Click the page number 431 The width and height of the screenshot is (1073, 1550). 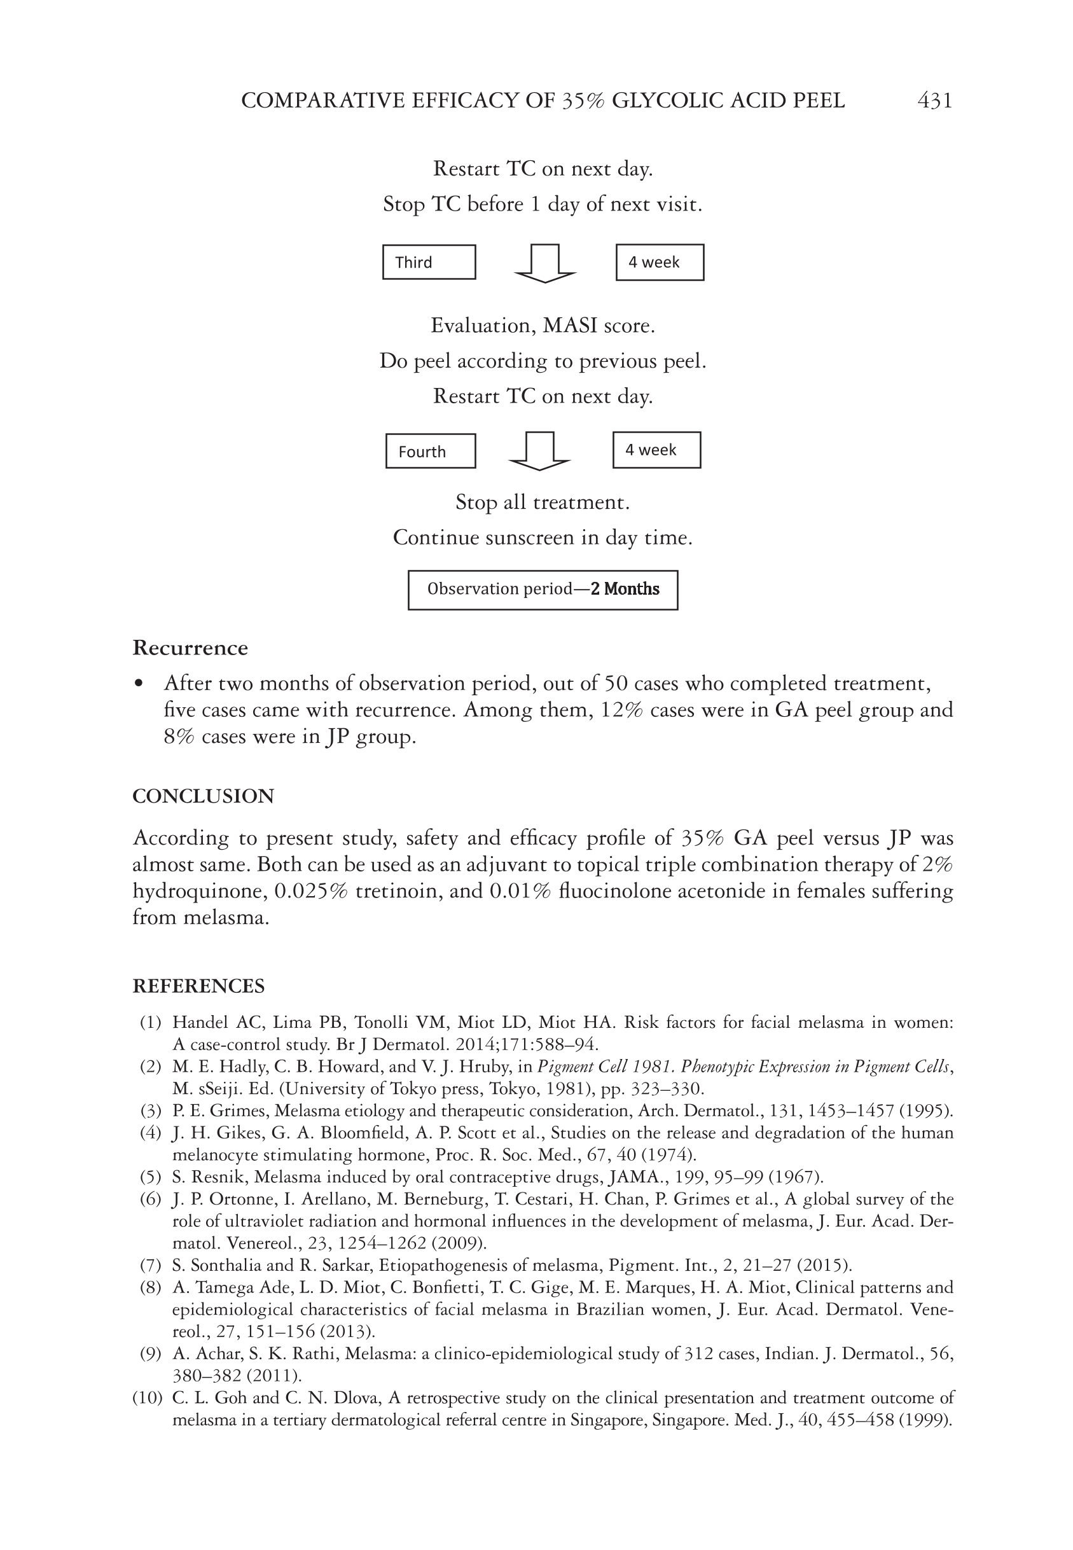pos(934,101)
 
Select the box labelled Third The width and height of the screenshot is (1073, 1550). pos(429,262)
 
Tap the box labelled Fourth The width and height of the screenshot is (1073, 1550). pos(430,451)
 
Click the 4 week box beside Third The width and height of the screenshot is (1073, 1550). pos(660,262)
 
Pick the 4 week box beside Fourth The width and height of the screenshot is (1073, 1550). pos(656,450)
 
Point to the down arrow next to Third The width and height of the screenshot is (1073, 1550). pos(544,263)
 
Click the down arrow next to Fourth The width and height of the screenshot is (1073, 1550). pos(540,451)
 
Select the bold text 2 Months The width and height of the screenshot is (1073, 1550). pos(625,589)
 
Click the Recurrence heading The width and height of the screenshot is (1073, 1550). pos(190,648)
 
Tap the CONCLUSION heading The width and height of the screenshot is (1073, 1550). pos(203,796)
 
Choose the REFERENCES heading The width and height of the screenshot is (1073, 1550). pos(198,986)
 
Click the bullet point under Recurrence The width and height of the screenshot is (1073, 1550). pos(139,684)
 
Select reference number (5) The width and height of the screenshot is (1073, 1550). pos(151,1177)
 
